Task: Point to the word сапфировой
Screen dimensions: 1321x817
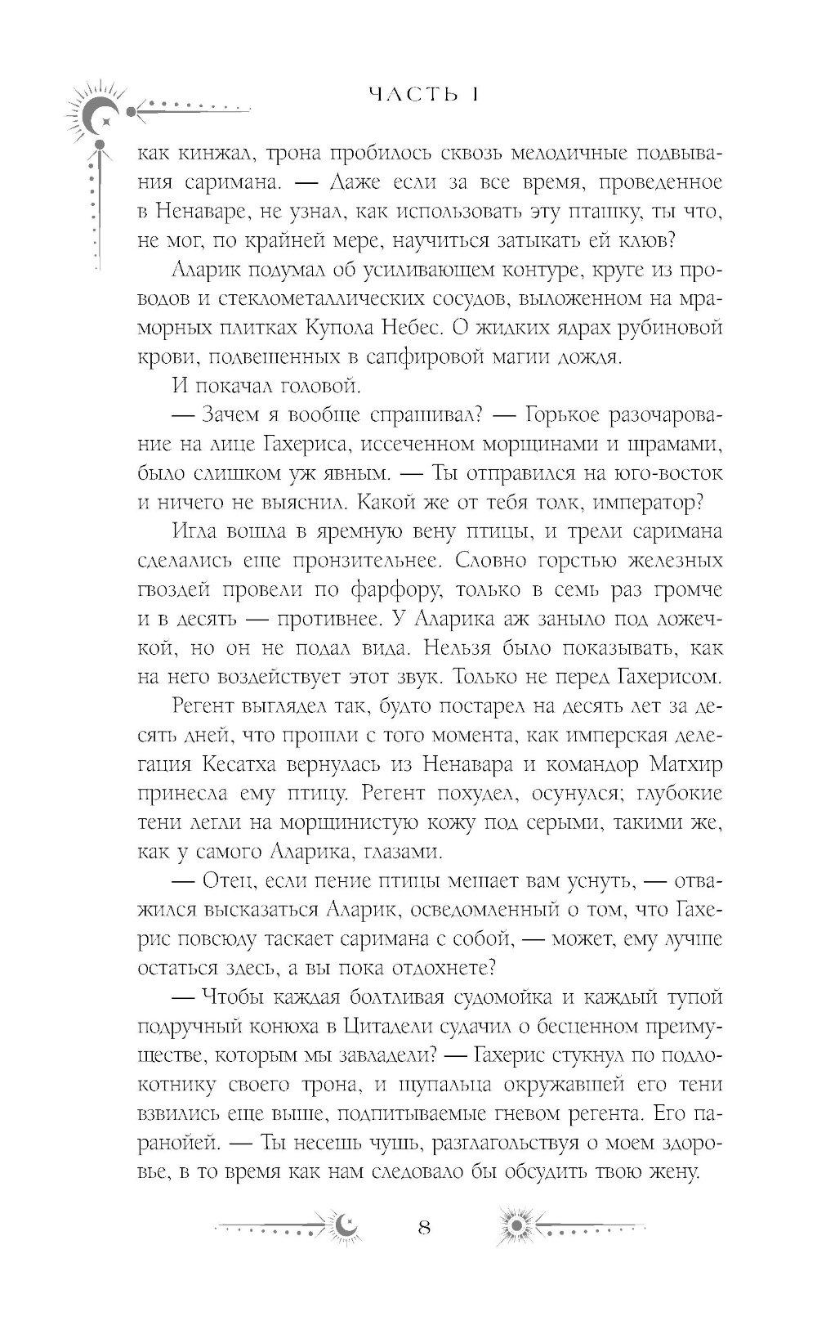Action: [432, 356]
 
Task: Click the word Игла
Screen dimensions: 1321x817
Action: [195, 532]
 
